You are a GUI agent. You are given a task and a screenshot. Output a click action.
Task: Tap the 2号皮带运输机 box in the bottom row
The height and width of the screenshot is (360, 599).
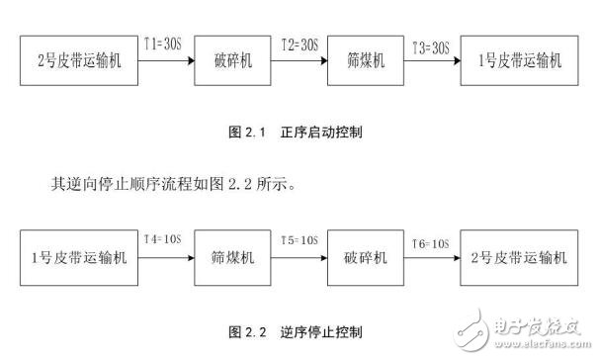[518, 258]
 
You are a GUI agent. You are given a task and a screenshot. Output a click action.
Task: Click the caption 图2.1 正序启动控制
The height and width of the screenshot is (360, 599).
[297, 130]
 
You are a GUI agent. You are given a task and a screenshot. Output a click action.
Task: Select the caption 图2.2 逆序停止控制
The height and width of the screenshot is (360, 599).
[297, 329]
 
